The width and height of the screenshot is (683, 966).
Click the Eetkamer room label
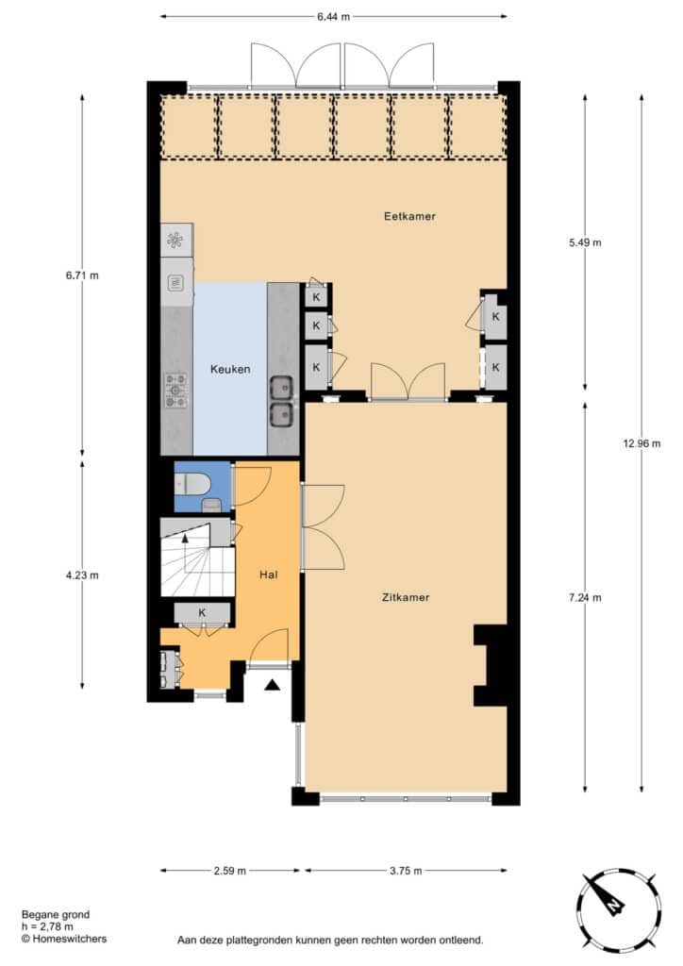[409, 216]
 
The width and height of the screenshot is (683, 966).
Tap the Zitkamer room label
[406, 597]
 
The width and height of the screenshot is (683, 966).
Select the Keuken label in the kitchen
[230, 369]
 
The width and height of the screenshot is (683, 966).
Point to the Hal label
[269, 575]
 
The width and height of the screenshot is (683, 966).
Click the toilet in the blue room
[192, 485]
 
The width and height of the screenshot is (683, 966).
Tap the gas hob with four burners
[175, 391]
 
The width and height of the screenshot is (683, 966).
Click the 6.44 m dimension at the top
[333, 17]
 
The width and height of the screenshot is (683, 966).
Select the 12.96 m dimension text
[641, 443]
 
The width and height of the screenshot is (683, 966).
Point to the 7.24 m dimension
[585, 597]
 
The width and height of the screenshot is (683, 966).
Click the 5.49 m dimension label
[585, 242]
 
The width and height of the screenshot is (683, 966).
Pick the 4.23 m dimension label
[82, 575]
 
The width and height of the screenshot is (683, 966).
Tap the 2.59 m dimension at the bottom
[230, 871]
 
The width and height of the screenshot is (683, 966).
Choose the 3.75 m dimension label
[406, 871]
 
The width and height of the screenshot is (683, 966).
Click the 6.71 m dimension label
[82, 275]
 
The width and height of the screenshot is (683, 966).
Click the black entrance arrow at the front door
[273, 685]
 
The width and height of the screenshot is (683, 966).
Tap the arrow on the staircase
[185, 538]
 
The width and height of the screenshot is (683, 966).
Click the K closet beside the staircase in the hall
[202, 613]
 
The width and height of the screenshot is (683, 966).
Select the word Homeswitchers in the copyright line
[70, 939]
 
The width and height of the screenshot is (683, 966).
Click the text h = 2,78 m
[47, 926]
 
